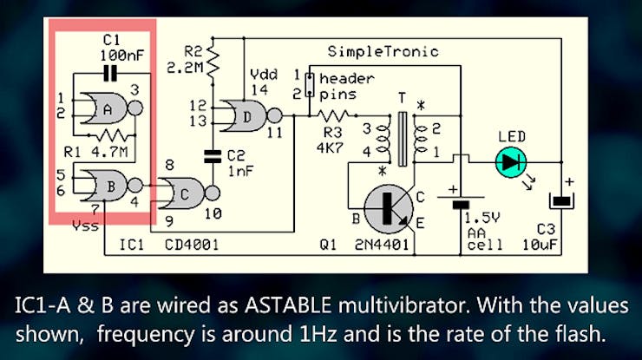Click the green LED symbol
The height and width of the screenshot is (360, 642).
[x=511, y=162]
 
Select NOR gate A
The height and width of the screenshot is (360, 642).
[x=110, y=108]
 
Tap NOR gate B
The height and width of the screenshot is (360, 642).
[x=110, y=186]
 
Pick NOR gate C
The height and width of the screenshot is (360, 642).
[x=188, y=193]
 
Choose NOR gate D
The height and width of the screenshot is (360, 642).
[x=251, y=116]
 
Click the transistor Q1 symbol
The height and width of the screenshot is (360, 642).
[x=388, y=209]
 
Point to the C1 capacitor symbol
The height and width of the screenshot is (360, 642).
[x=109, y=74]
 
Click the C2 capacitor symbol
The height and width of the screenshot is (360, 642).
[x=213, y=156]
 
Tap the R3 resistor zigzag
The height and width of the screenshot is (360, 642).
[x=333, y=116]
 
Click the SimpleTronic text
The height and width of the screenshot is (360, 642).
[x=383, y=51]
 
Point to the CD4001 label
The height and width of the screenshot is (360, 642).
[x=192, y=245]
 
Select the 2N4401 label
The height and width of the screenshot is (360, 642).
[x=382, y=245]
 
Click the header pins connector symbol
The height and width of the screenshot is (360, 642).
[x=310, y=85]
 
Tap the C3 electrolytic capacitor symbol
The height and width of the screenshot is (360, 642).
[x=561, y=201]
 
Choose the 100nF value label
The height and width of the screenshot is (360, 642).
[x=122, y=56]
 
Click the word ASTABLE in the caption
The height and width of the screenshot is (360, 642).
[x=288, y=306]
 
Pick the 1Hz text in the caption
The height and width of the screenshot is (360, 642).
[x=318, y=334]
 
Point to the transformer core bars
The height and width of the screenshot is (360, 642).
[x=403, y=140]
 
